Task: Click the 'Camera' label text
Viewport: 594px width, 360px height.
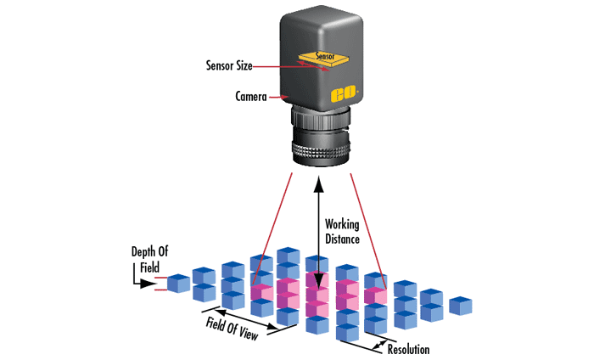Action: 251,97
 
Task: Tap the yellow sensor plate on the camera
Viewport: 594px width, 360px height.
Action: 318,59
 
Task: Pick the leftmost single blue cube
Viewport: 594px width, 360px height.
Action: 179,283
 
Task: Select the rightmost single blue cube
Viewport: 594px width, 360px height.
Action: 461,305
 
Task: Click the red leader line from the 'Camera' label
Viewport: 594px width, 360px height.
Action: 281,98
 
